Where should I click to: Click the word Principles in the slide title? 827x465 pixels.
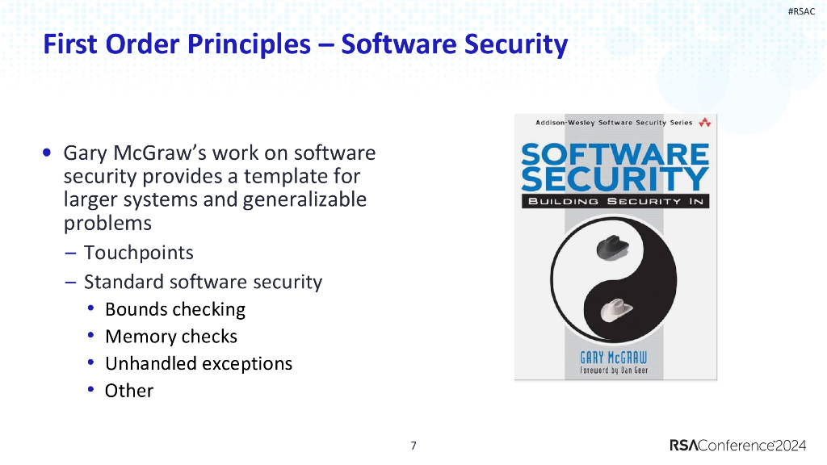click(x=250, y=44)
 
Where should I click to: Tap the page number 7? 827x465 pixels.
click(x=413, y=446)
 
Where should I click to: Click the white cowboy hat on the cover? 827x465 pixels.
click(x=615, y=308)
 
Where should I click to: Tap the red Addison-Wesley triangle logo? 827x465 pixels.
click(x=705, y=123)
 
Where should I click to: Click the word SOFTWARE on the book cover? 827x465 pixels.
click(x=615, y=153)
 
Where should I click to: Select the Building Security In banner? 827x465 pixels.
click(x=615, y=200)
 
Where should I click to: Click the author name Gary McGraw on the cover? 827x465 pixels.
click(x=614, y=357)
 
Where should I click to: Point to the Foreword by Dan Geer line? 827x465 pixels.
click(x=614, y=371)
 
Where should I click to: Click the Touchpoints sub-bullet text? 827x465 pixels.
click(x=138, y=253)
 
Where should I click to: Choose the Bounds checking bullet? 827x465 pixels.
click(x=174, y=309)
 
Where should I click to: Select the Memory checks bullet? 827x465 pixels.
click(x=170, y=336)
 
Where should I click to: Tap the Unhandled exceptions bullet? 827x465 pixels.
click(x=198, y=363)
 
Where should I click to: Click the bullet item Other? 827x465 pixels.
click(x=129, y=391)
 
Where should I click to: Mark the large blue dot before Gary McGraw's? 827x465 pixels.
click(x=50, y=153)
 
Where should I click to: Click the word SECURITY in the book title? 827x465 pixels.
click(x=615, y=178)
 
